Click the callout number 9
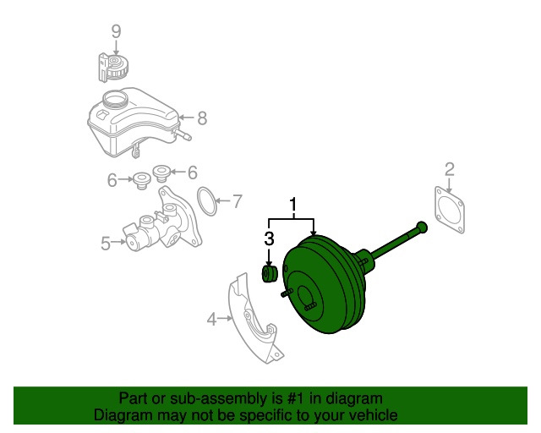[117, 31]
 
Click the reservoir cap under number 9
[113, 68]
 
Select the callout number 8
[202, 118]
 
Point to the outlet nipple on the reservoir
[182, 134]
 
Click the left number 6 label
[112, 180]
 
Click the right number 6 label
[193, 173]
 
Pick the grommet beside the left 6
[141, 180]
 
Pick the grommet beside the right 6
[161, 173]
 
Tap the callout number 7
[237, 201]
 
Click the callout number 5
[106, 243]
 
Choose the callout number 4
[211, 319]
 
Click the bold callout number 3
[269, 238]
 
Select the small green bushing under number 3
[269, 274]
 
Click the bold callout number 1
[293, 205]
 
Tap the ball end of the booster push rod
[422, 227]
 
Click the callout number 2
[450, 169]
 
